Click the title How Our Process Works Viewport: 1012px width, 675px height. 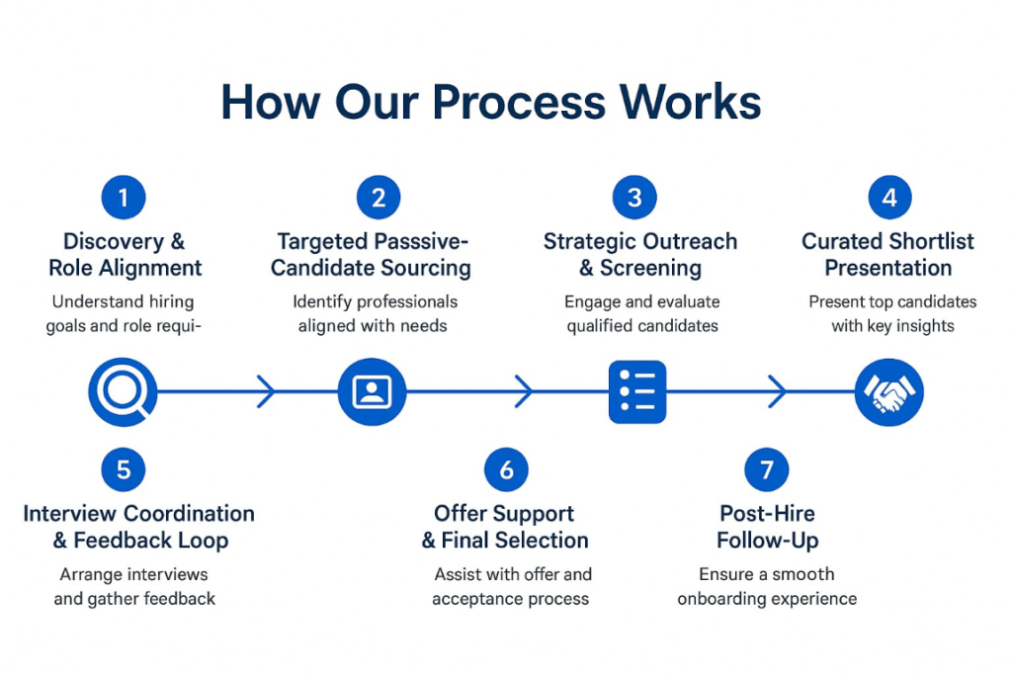490,102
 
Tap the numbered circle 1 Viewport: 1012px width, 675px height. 124,198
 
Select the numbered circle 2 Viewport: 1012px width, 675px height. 379,198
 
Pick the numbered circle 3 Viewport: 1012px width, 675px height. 634,198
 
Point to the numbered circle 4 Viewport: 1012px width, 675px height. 889,198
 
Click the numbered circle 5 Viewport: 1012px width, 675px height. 124,469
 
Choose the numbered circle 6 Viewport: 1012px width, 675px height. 506,469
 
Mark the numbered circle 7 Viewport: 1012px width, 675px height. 767,469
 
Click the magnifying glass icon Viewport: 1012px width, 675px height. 123,392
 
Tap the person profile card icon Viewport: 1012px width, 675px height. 372,392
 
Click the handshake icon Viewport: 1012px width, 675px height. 888,392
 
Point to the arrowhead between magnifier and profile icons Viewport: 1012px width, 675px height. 267,392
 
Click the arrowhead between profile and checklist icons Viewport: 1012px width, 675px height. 524,392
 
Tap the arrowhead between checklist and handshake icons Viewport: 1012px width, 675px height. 779,392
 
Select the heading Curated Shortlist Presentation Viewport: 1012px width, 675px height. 887,255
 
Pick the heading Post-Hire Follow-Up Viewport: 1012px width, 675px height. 767,527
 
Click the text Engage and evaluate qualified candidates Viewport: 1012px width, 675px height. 641,313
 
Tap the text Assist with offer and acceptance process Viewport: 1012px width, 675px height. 511,586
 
